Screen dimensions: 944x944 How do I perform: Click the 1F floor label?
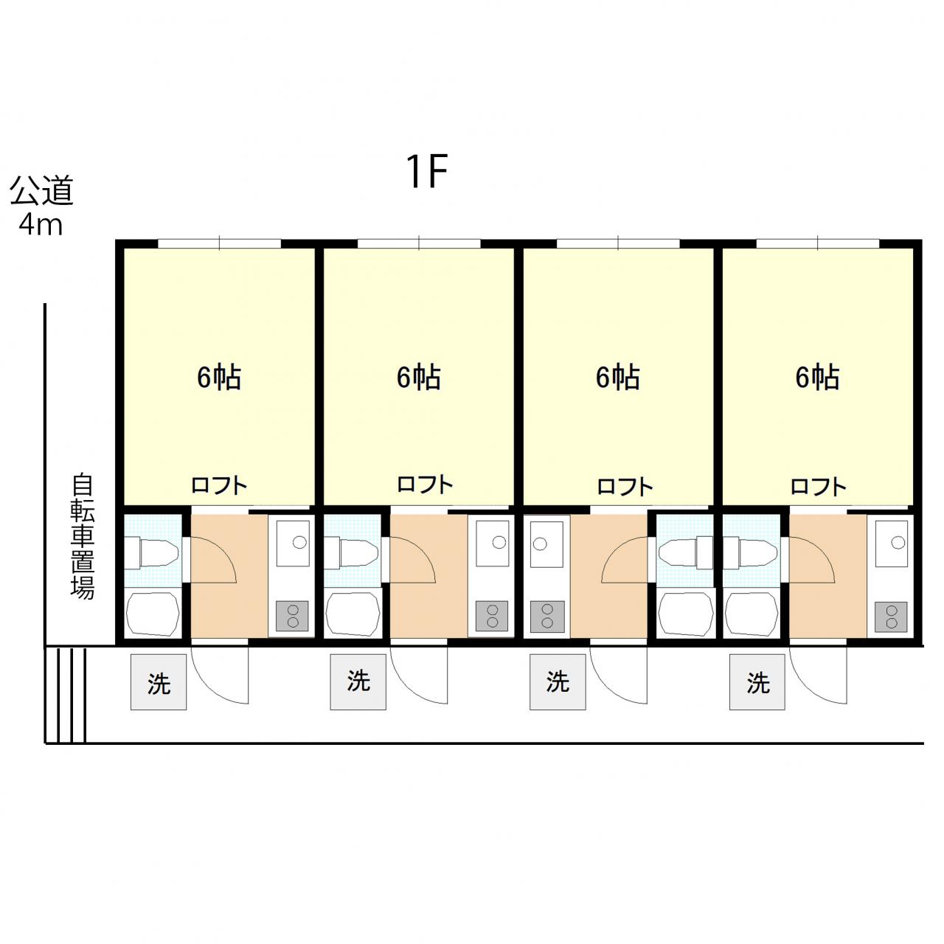427,171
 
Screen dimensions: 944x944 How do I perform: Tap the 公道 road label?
42,190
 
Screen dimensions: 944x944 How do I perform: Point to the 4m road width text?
41,225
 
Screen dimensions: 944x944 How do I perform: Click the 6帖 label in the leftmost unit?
219,377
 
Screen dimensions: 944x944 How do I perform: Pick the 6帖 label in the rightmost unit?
818,377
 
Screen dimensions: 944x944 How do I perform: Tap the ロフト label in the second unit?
425,485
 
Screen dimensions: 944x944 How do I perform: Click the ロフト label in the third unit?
625,487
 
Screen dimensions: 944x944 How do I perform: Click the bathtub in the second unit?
353,615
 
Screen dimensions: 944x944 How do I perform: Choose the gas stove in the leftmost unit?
293,616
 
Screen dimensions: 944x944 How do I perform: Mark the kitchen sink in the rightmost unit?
892,544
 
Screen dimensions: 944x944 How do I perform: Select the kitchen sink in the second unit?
493,544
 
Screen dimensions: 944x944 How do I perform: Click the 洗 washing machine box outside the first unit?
159,682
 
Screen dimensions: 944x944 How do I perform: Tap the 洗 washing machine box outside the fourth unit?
757,682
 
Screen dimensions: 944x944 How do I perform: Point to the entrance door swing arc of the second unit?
409,688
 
